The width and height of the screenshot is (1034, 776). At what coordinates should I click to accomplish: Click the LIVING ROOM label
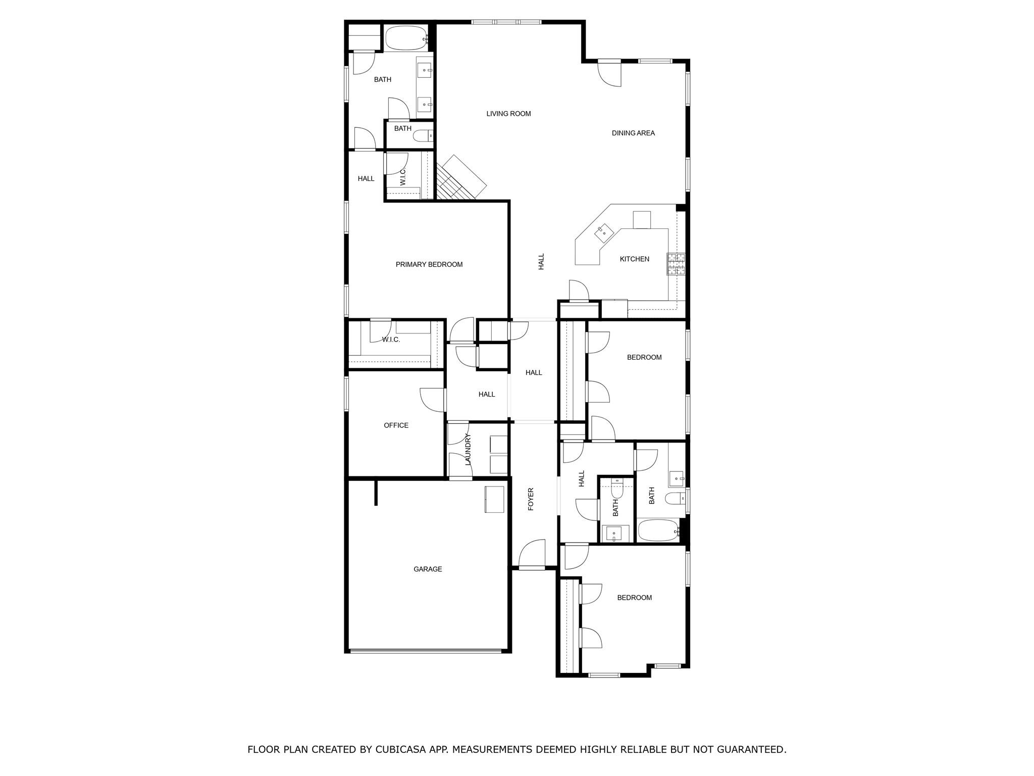pyautogui.click(x=508, y=114)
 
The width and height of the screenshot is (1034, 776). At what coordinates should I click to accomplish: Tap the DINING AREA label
pyautogui.click(x=633, y=133)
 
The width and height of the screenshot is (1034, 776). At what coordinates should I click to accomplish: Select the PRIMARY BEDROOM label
pyautogui.click(x=429, y=264)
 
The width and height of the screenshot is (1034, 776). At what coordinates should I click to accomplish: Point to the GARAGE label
pyautogui.click(x=428, y=569)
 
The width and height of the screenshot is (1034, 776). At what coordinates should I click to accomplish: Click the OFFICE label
pyautogui.click(x=396, y=425)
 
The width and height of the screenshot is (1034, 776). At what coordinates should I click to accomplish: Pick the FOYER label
pyautogui.click(x=531, y=499)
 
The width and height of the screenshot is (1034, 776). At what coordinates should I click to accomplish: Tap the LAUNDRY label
pyautogui.click(x=468, y=449)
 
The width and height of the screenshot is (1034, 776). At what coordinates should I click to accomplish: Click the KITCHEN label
pyautogui.click(x=634, y=259)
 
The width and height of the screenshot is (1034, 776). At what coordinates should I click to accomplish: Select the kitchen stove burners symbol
pyautogui.click(x=677, y=264)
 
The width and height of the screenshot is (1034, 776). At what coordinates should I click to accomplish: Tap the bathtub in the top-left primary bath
pyautogui.click(x=406, y=38)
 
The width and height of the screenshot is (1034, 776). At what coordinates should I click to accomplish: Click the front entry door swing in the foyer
pyautogui.click(x=533, y=554)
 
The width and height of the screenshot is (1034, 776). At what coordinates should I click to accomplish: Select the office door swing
pyautogui.click(x=432, y=400)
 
